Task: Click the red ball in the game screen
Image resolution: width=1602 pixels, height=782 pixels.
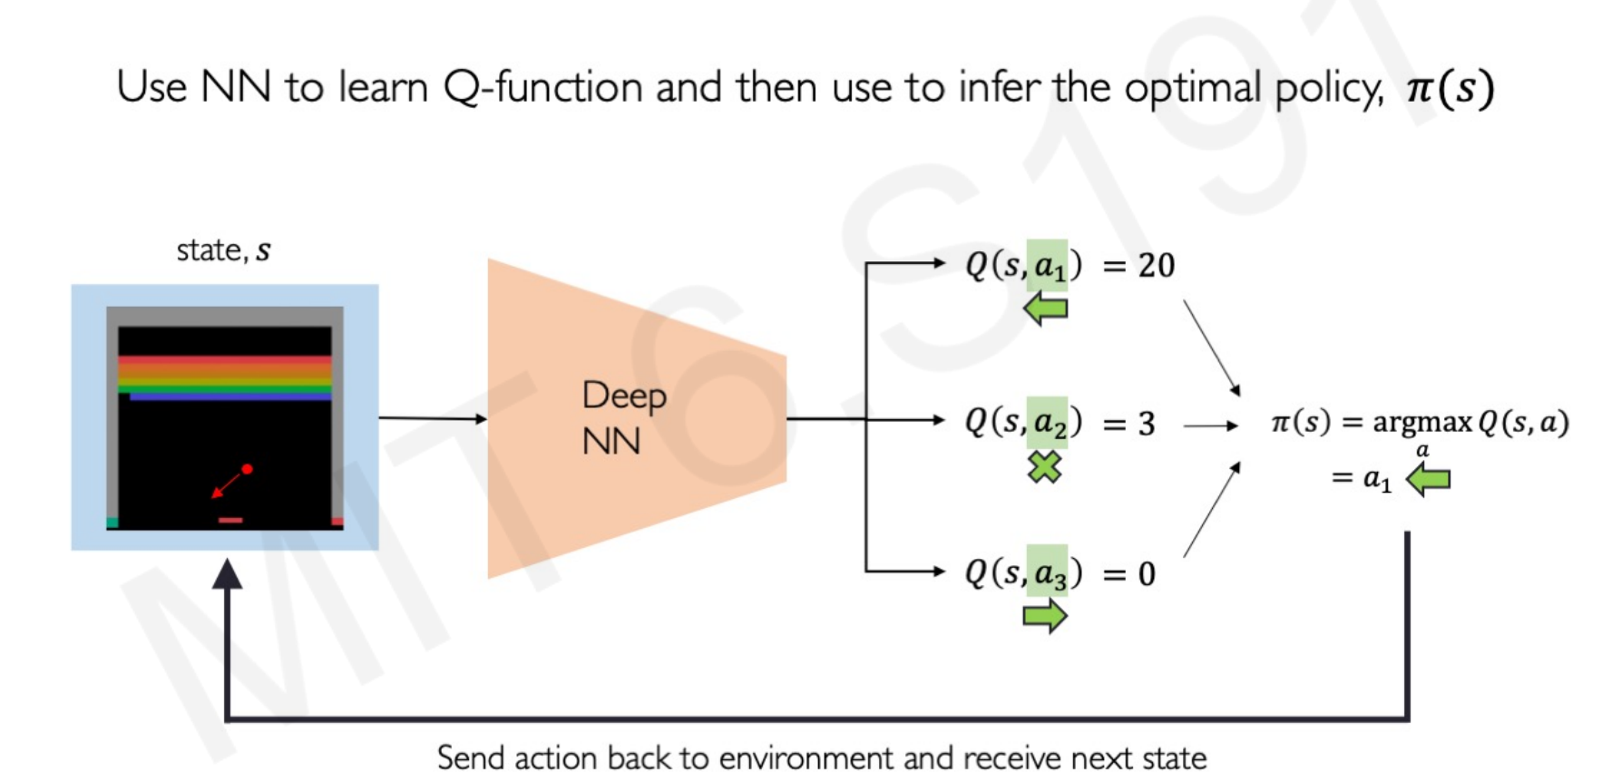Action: pyautogui.click(x=247, y=469)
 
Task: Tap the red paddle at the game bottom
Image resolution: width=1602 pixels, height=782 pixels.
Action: pyautogui.click(x=230, y=520)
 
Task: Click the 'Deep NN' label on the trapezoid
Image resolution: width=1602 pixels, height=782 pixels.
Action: pyautogui.click(x=624, y=418)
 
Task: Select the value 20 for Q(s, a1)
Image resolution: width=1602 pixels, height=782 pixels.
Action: pyautogui.click(x=1157, y=265)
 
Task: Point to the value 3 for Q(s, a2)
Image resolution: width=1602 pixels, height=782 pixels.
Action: pyautogui.click(x=1147, y=424)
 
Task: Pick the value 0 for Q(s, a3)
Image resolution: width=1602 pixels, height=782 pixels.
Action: pyautogui.click(x=1147, y=573)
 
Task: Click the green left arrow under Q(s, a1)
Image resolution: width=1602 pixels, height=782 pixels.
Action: pyautogui.click(x=1045, y=309)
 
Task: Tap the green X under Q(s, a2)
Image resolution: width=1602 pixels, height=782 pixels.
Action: pyautogui.click(x=1045, y=467)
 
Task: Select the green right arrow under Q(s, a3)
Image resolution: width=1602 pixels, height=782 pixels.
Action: pyautogui.click(x=1045, y=617)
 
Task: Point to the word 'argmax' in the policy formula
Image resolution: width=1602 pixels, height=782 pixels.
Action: pyautogui.click(x=1421, y=423)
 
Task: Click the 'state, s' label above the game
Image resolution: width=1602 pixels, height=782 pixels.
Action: pyautogui.click(x=223, y=249)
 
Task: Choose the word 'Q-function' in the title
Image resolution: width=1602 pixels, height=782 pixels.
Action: pyautogui.click(x=543, y=88)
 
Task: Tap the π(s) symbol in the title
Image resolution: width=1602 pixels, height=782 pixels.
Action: pyautogui.click(x=1449, y=88)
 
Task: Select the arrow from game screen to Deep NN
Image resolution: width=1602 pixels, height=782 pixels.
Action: pyautogui.click(x=433, y=418)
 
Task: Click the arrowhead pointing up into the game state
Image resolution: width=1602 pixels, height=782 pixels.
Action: pyautogui.click(x=227, y=573)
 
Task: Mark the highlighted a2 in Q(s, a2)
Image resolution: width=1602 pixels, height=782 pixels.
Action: pyautogui.click(x=1047, y=422)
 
